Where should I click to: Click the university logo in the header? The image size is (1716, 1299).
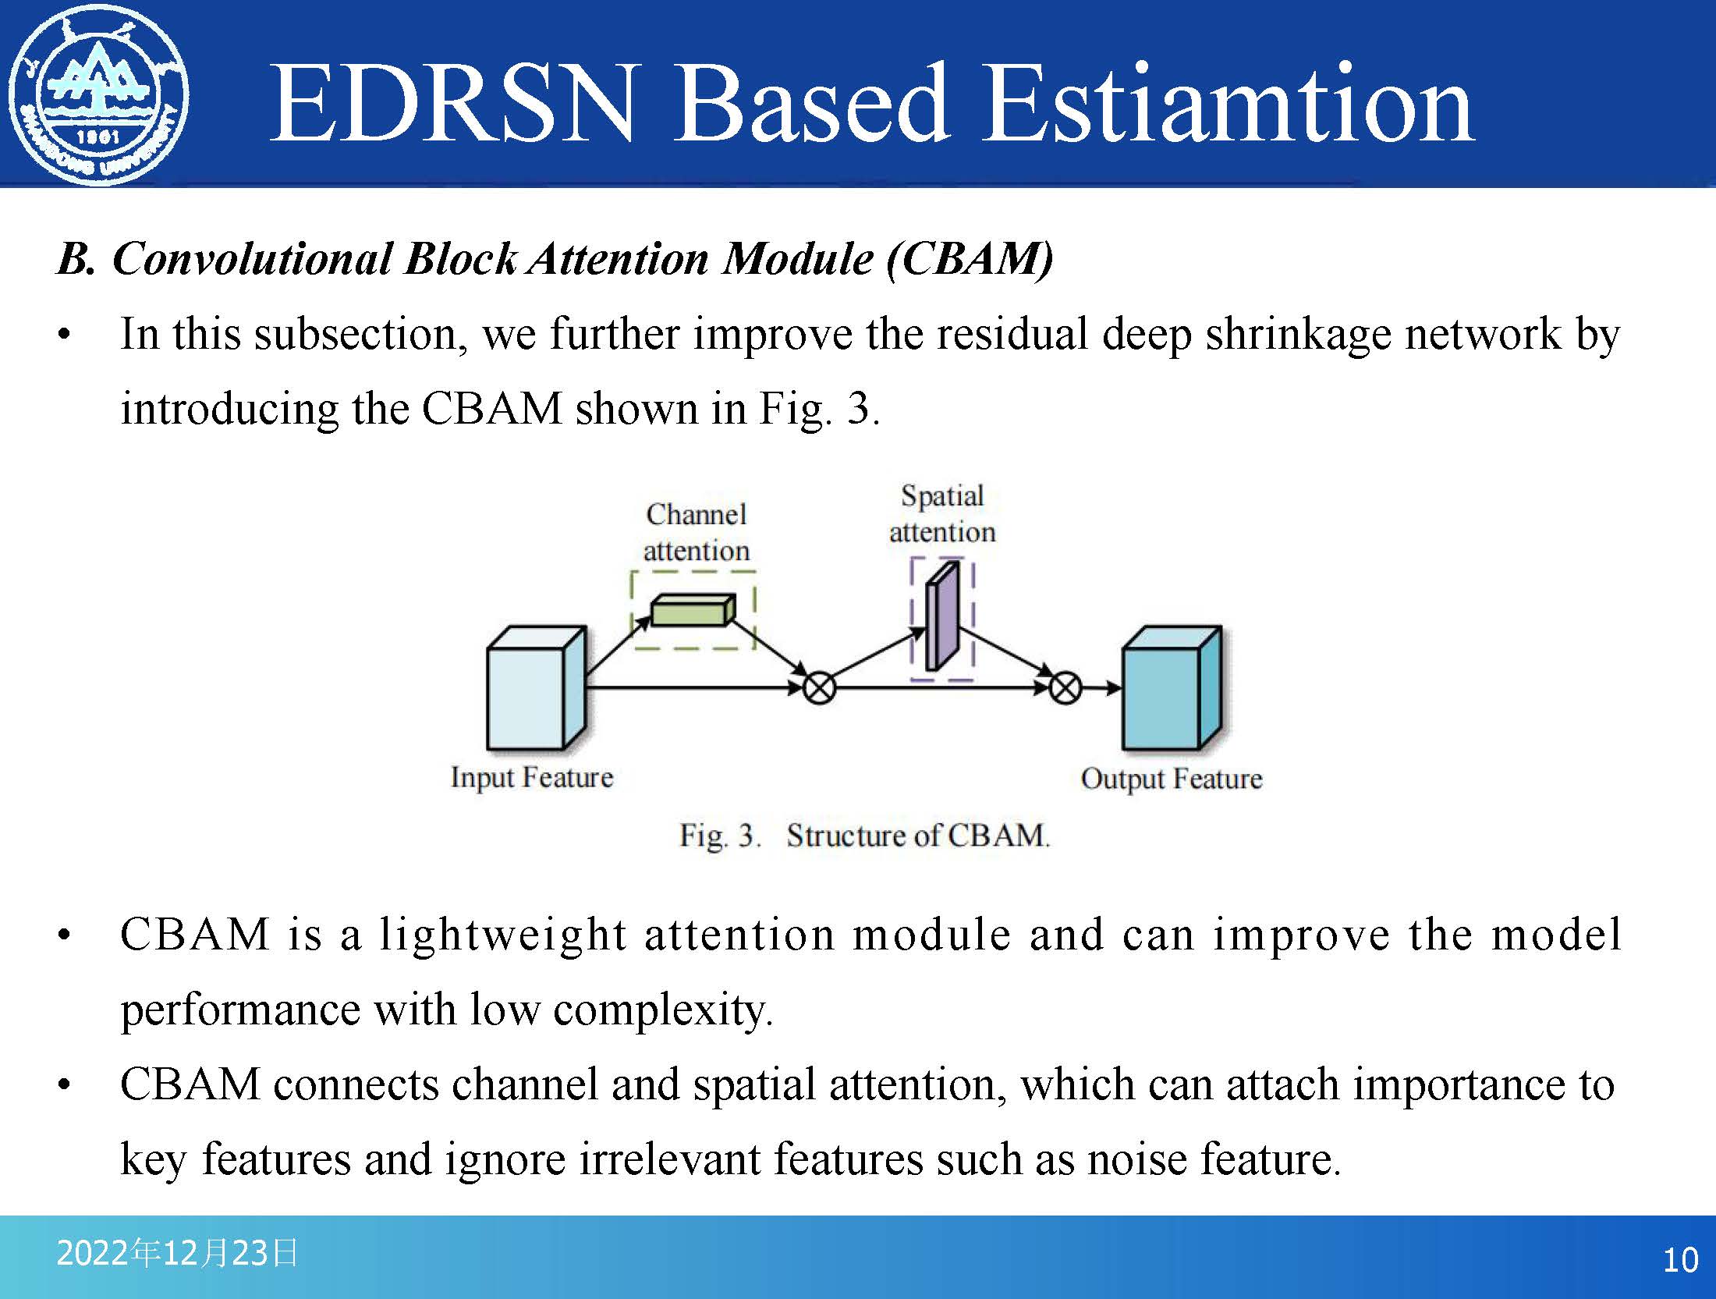[98, 95]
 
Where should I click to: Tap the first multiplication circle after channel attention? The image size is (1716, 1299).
[819, 688]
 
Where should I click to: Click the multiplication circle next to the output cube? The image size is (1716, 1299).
[1065, 688]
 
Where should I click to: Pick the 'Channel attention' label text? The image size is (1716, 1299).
[697, 532]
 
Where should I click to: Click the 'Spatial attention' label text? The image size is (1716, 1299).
[942, 513]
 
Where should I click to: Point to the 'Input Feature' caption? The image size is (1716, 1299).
[532, 778]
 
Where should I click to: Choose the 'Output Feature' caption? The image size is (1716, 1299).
[1171, 779]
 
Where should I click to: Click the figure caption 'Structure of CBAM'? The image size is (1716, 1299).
[917, 836]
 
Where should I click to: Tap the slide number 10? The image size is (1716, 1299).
[1680, 1260]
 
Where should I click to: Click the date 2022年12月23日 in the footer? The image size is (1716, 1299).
[177, 1253]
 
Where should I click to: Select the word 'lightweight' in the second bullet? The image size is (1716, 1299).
[503, 934]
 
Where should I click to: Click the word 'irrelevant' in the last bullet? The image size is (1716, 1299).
[669, 1159]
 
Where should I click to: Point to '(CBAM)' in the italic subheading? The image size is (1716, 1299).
[970, 258]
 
